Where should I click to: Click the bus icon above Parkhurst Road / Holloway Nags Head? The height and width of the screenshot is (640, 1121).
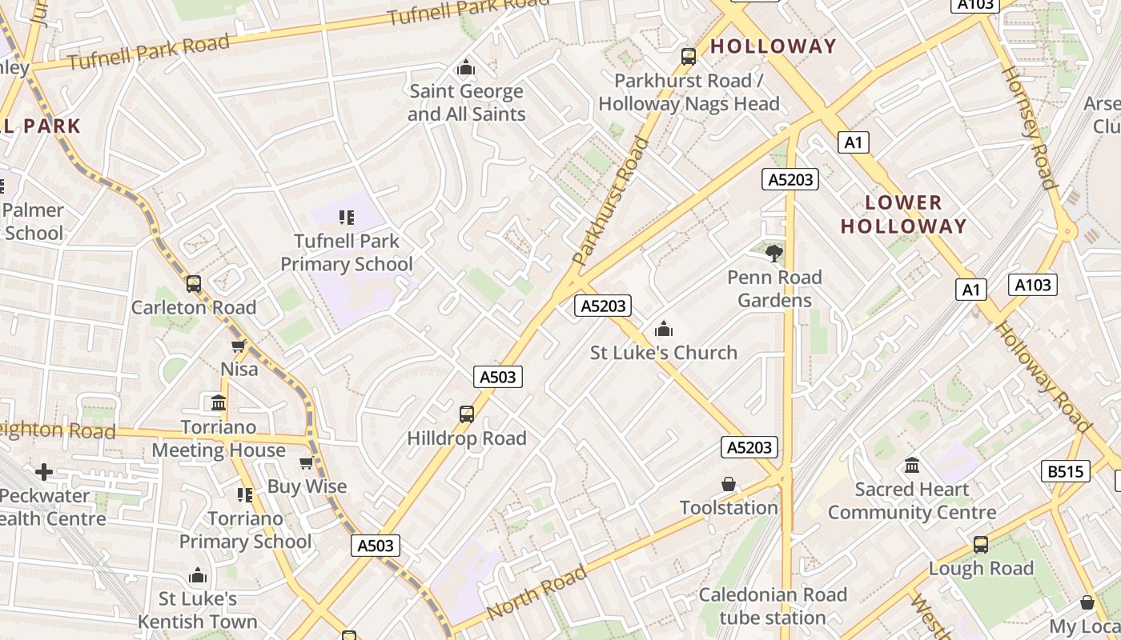click(x=688, y=56)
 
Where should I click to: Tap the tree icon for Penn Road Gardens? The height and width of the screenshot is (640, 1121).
click(x=773, y=254)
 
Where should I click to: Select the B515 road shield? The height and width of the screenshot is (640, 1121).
click(x=1066, y=471)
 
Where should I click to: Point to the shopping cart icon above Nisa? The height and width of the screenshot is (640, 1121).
click(x=238, y=346)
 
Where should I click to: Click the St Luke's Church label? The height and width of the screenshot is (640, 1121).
click(x=663, y=352)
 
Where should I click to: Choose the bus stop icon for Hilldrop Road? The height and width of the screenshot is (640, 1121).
click(x=467, y=414)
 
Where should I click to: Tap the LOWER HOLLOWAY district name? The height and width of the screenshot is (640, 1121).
click(x=903, y=214)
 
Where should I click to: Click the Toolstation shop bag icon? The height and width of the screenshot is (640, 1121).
click(x=729, y=484)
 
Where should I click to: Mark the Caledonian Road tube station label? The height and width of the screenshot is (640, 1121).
click(x=772, y=606)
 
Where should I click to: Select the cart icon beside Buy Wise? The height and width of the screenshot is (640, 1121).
click(x=306, y=463)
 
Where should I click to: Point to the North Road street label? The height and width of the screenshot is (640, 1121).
click(x=536, y=592)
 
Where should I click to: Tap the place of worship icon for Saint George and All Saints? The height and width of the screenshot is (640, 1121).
click(x=466, y=68)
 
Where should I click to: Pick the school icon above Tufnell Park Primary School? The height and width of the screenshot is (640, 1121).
click(x=346, y=217)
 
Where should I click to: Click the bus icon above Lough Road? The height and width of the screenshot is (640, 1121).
click(x=981, y=545)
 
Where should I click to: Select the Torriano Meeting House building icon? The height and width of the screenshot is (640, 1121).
click(x=219, y=402)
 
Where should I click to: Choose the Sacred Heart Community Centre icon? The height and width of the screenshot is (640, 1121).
click(x=912, y=465)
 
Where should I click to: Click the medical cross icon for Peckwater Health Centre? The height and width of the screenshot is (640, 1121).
click(x=44, y=472)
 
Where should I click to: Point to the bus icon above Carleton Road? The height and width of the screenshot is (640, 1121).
click(x=194, y=283)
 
